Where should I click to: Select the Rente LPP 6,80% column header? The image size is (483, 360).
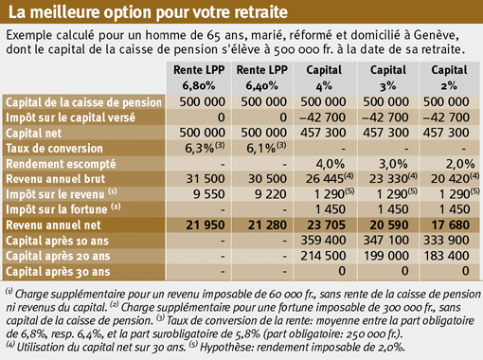(x=199, y=78)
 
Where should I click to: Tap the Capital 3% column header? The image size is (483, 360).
(x=388, y=78)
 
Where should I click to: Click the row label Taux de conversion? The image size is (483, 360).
(x=54, y=149)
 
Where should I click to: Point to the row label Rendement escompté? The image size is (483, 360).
(x=61, y=164)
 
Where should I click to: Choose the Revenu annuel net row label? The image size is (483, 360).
(x=53, y=225)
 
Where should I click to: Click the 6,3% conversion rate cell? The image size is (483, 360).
(x=205, y=148)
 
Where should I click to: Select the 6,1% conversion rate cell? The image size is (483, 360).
(x=266, y=148)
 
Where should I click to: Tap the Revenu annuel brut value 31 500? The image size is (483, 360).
(x=206, y=179)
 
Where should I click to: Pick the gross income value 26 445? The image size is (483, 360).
(x=330, y=178)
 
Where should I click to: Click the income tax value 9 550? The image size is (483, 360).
(x=209, y=194)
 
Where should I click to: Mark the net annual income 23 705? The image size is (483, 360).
(x=327, y=225)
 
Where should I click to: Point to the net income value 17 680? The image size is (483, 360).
(x=451, y=225)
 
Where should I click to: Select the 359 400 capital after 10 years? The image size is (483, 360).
(x=323, y=241)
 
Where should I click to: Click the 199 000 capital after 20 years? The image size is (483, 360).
(x=385, y=256)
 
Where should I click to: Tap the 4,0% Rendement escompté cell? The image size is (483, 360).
(x=331, y=164)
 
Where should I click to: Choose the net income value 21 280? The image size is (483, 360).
(x=267, y=225)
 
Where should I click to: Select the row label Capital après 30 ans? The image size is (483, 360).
(x=58, y=272)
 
